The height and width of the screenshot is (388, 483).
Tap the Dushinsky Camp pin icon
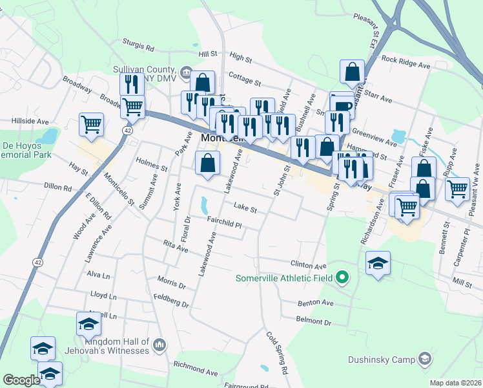point(424,358)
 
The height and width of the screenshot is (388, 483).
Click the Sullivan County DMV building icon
point(186,72)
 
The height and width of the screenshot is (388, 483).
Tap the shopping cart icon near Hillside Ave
point(91,124)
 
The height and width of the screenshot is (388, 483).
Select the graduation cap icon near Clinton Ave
point(378,263)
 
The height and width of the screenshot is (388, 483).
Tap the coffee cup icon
point(342,105)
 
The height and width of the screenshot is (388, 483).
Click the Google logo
point(21,380)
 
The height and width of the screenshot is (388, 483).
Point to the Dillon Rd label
point(57,187)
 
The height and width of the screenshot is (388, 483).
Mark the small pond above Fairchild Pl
point(204,205)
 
